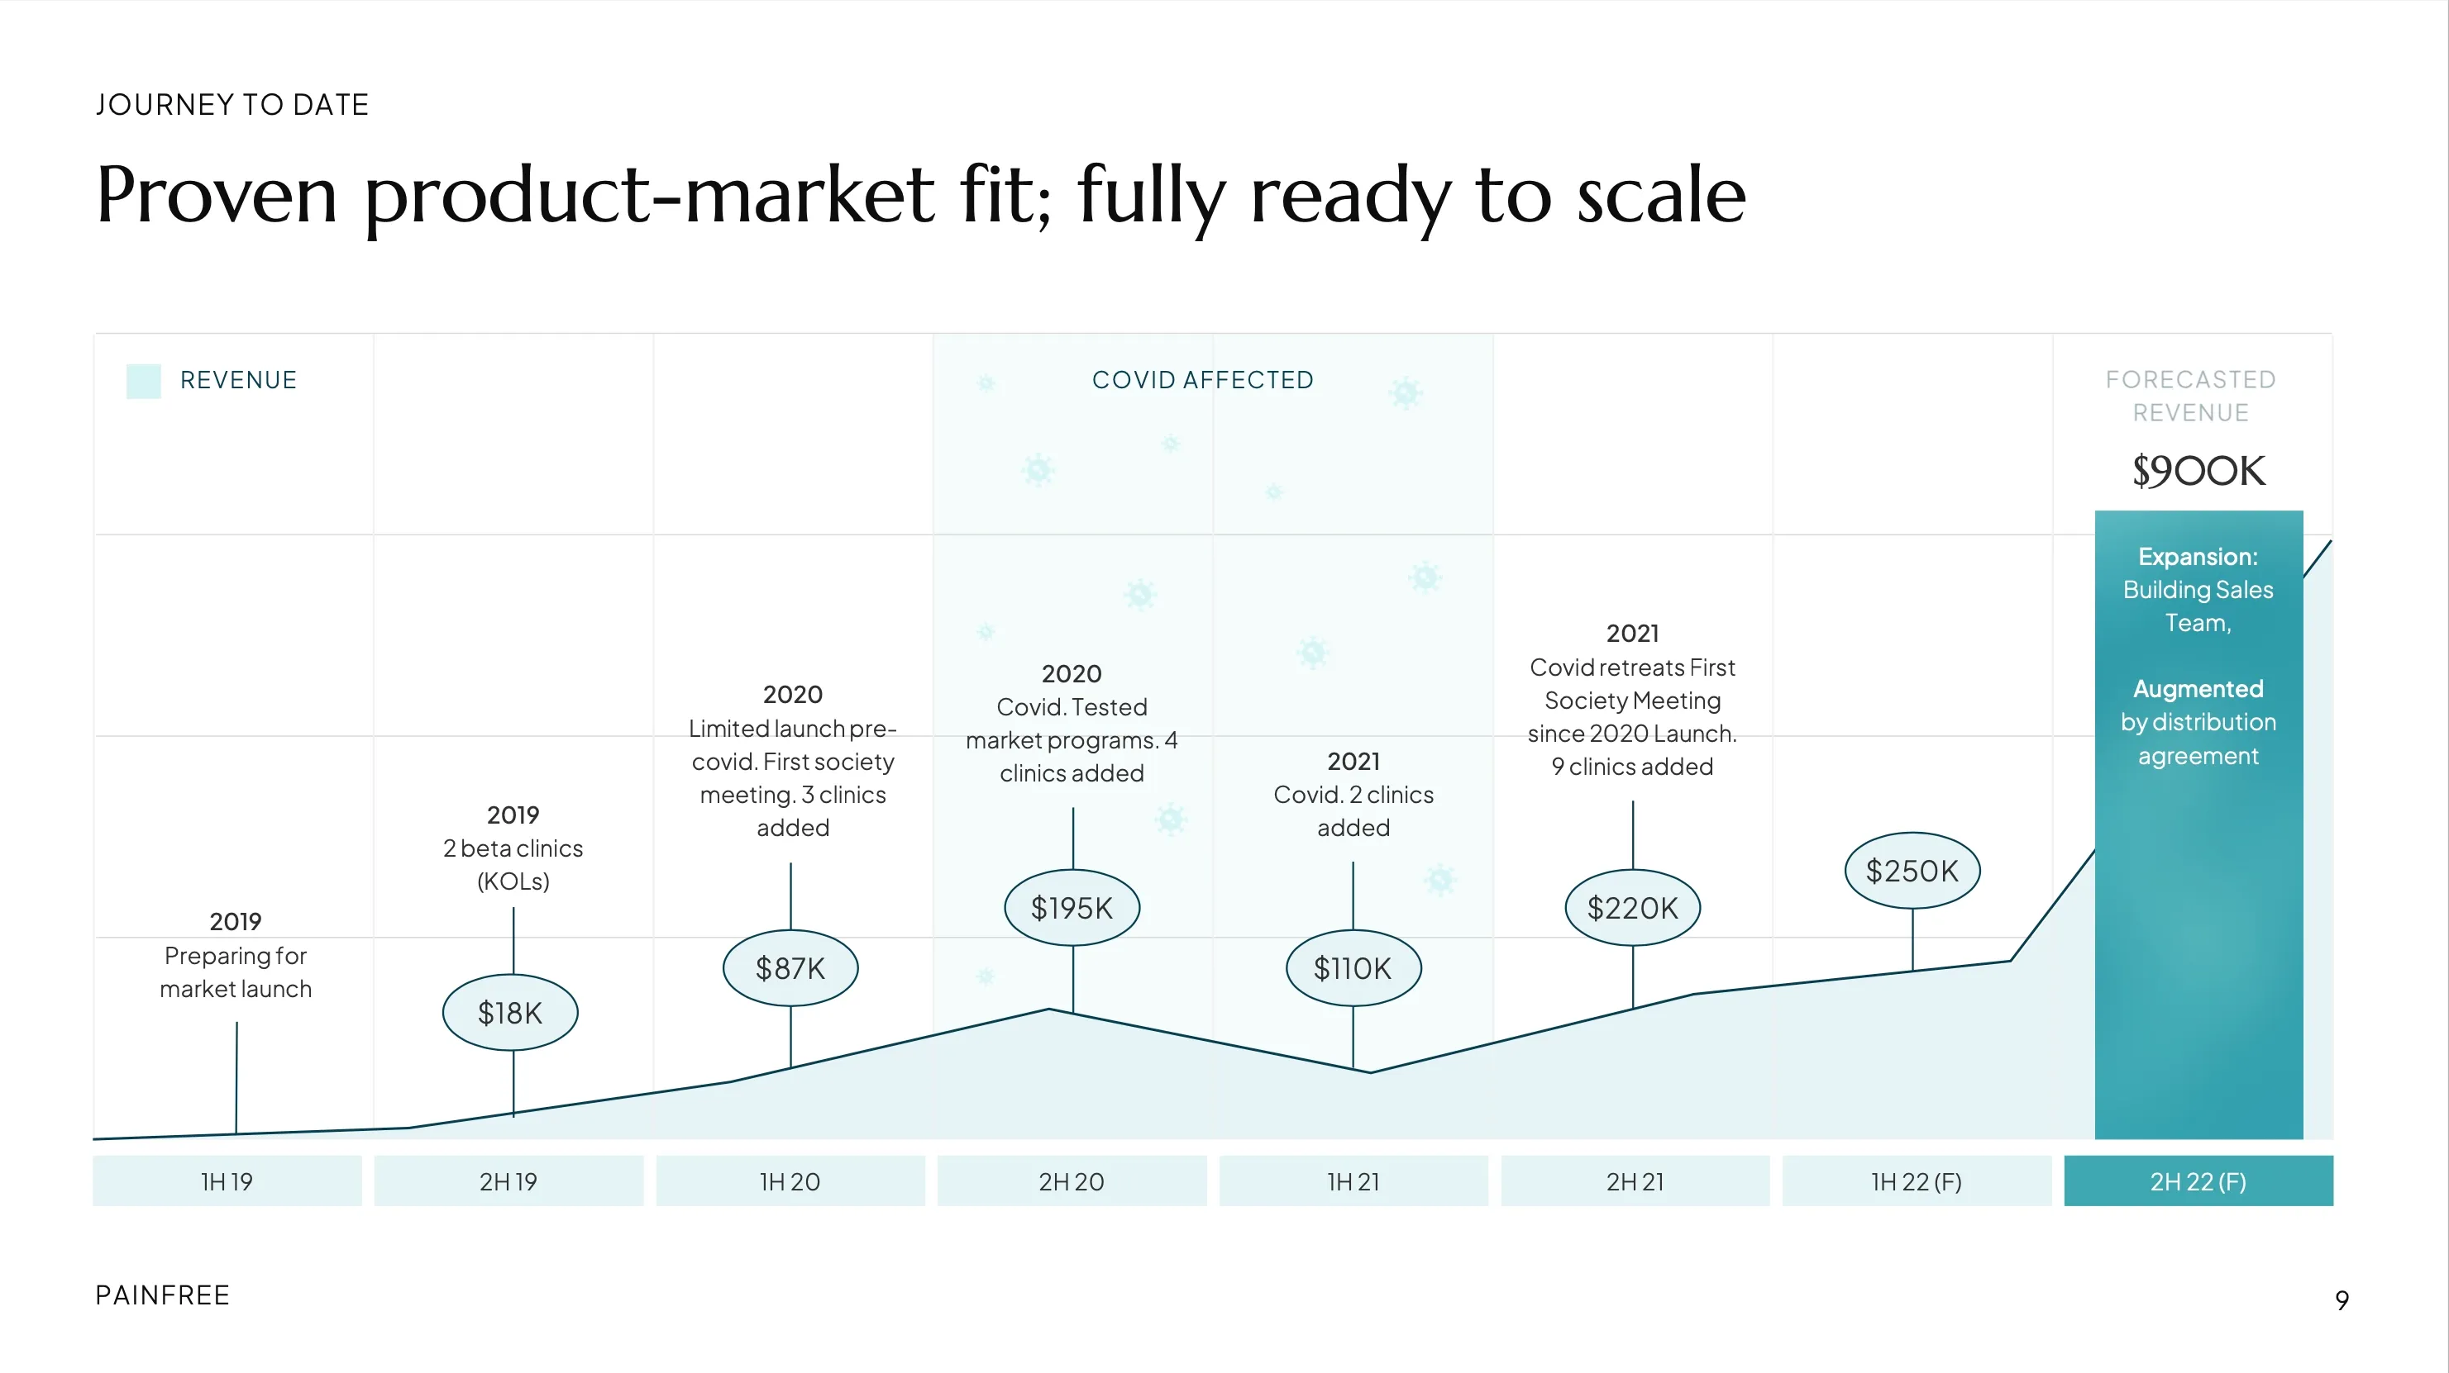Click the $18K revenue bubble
(x=510, y=1012)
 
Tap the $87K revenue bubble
(x=790, y=967)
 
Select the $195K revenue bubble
(x=1072, y=907)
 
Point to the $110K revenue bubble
(x=1353, y=967)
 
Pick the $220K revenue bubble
(x=1632, y=907)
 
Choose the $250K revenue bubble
(x=1912, y=871)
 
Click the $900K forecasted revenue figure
(x=2198, y=470)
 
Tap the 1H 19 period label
(x=227, y=1181)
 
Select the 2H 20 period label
(x=1072, y=1181)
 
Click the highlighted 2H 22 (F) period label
(x=2198, y=1181)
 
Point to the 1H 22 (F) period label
(x=1917, y=1181)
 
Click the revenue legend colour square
(x=144, y=381)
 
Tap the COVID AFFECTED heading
(x=1203, y=380)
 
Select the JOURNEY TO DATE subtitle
(x=232, y=105)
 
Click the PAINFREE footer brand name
(x=163, y=1295)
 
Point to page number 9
(x=2342, y=1299)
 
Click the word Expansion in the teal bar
(x=2197, y=557)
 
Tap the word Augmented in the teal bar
(x=2198, y=689)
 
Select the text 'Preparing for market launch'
(x=236, y=972)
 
